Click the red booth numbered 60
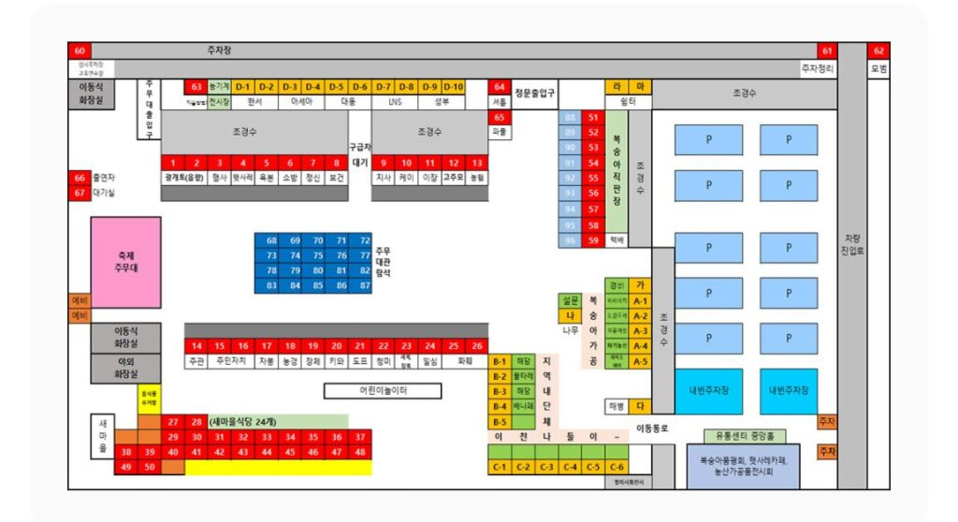coord(79,51)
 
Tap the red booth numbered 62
coord(878,51)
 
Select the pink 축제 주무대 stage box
coord(125,262)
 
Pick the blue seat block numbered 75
coord(318,255)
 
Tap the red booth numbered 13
coord(476,163)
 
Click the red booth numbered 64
coord(500,87)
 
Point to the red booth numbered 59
coord(593,240)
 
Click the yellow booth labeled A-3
coord(640,331)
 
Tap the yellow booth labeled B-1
coord(500,361)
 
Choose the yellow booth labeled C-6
coord(617,467)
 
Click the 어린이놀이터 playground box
coord(382,391)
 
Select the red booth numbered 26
coord(476,346)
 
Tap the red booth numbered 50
coord(149,467)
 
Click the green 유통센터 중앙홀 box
coord(744,436)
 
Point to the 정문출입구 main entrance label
coord(535,93)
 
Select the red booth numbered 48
coord(360,452)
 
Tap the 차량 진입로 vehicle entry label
coord(850,244)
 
